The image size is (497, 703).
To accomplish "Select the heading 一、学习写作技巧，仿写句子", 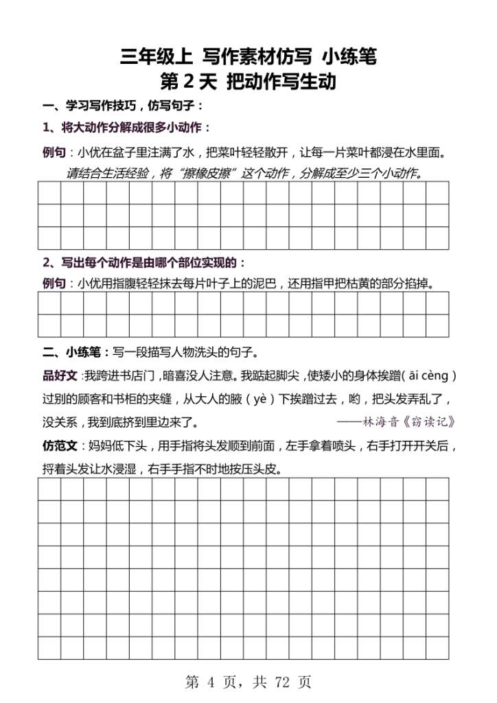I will pyautogui.click(x=123, y=107).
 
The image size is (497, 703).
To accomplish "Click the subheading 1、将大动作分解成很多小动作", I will pyautogui.click(x=126, y=128).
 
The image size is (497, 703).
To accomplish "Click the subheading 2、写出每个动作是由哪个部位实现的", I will pyautogui.click(x=143, y=262).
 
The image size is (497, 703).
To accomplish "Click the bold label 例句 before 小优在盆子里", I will pyautogui.click(x=54, y=152).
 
